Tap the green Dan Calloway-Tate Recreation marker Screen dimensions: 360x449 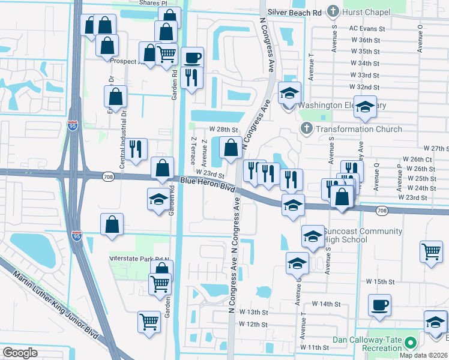tap(411, 343)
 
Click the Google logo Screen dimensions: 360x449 tap(20, 353)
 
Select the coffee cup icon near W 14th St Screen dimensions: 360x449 tap(379, 305)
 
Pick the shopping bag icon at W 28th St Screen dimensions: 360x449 tap(231, 147)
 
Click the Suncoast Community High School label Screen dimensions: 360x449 tap(354, 235)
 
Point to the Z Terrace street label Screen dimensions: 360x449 tap(193, 150)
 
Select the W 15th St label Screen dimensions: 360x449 tap(380, 281)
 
